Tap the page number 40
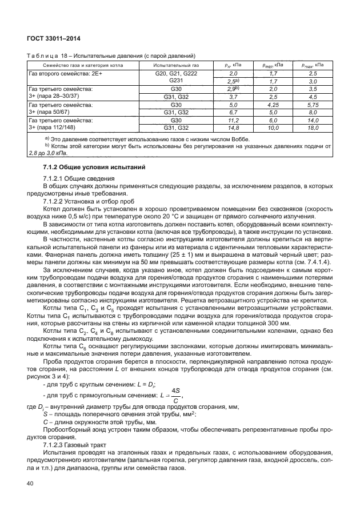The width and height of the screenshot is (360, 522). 31,484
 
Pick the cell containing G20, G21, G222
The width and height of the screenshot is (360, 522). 176,74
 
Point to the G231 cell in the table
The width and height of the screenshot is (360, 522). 176,81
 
